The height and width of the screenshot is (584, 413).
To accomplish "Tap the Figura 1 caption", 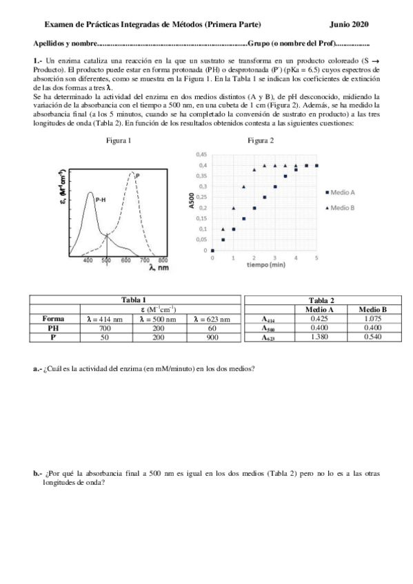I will point(119,140).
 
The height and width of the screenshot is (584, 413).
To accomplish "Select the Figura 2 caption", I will point(261,140).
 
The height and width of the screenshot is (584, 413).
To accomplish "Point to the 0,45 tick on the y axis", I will point(202,154).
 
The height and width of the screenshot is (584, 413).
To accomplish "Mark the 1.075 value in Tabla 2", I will point(373,319).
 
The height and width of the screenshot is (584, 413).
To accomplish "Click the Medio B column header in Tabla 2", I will point(373,309).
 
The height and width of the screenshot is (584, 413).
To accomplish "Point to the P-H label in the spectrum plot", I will point(100,199).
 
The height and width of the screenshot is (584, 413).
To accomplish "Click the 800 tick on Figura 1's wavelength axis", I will point(163,261).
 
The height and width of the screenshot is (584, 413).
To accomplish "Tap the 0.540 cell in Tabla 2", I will point(373,338).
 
